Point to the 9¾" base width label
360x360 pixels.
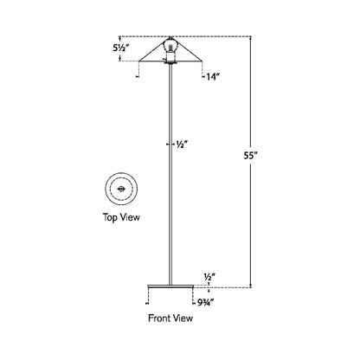pos(205,302)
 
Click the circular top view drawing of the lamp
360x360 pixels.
pos(119,190)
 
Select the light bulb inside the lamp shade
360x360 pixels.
pos(170,48)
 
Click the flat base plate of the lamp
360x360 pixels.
pos(170,286)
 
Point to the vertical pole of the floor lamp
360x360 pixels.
pos(170,173)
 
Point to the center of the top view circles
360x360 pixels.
pos(119,190)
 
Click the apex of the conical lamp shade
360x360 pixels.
pos(170,37)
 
